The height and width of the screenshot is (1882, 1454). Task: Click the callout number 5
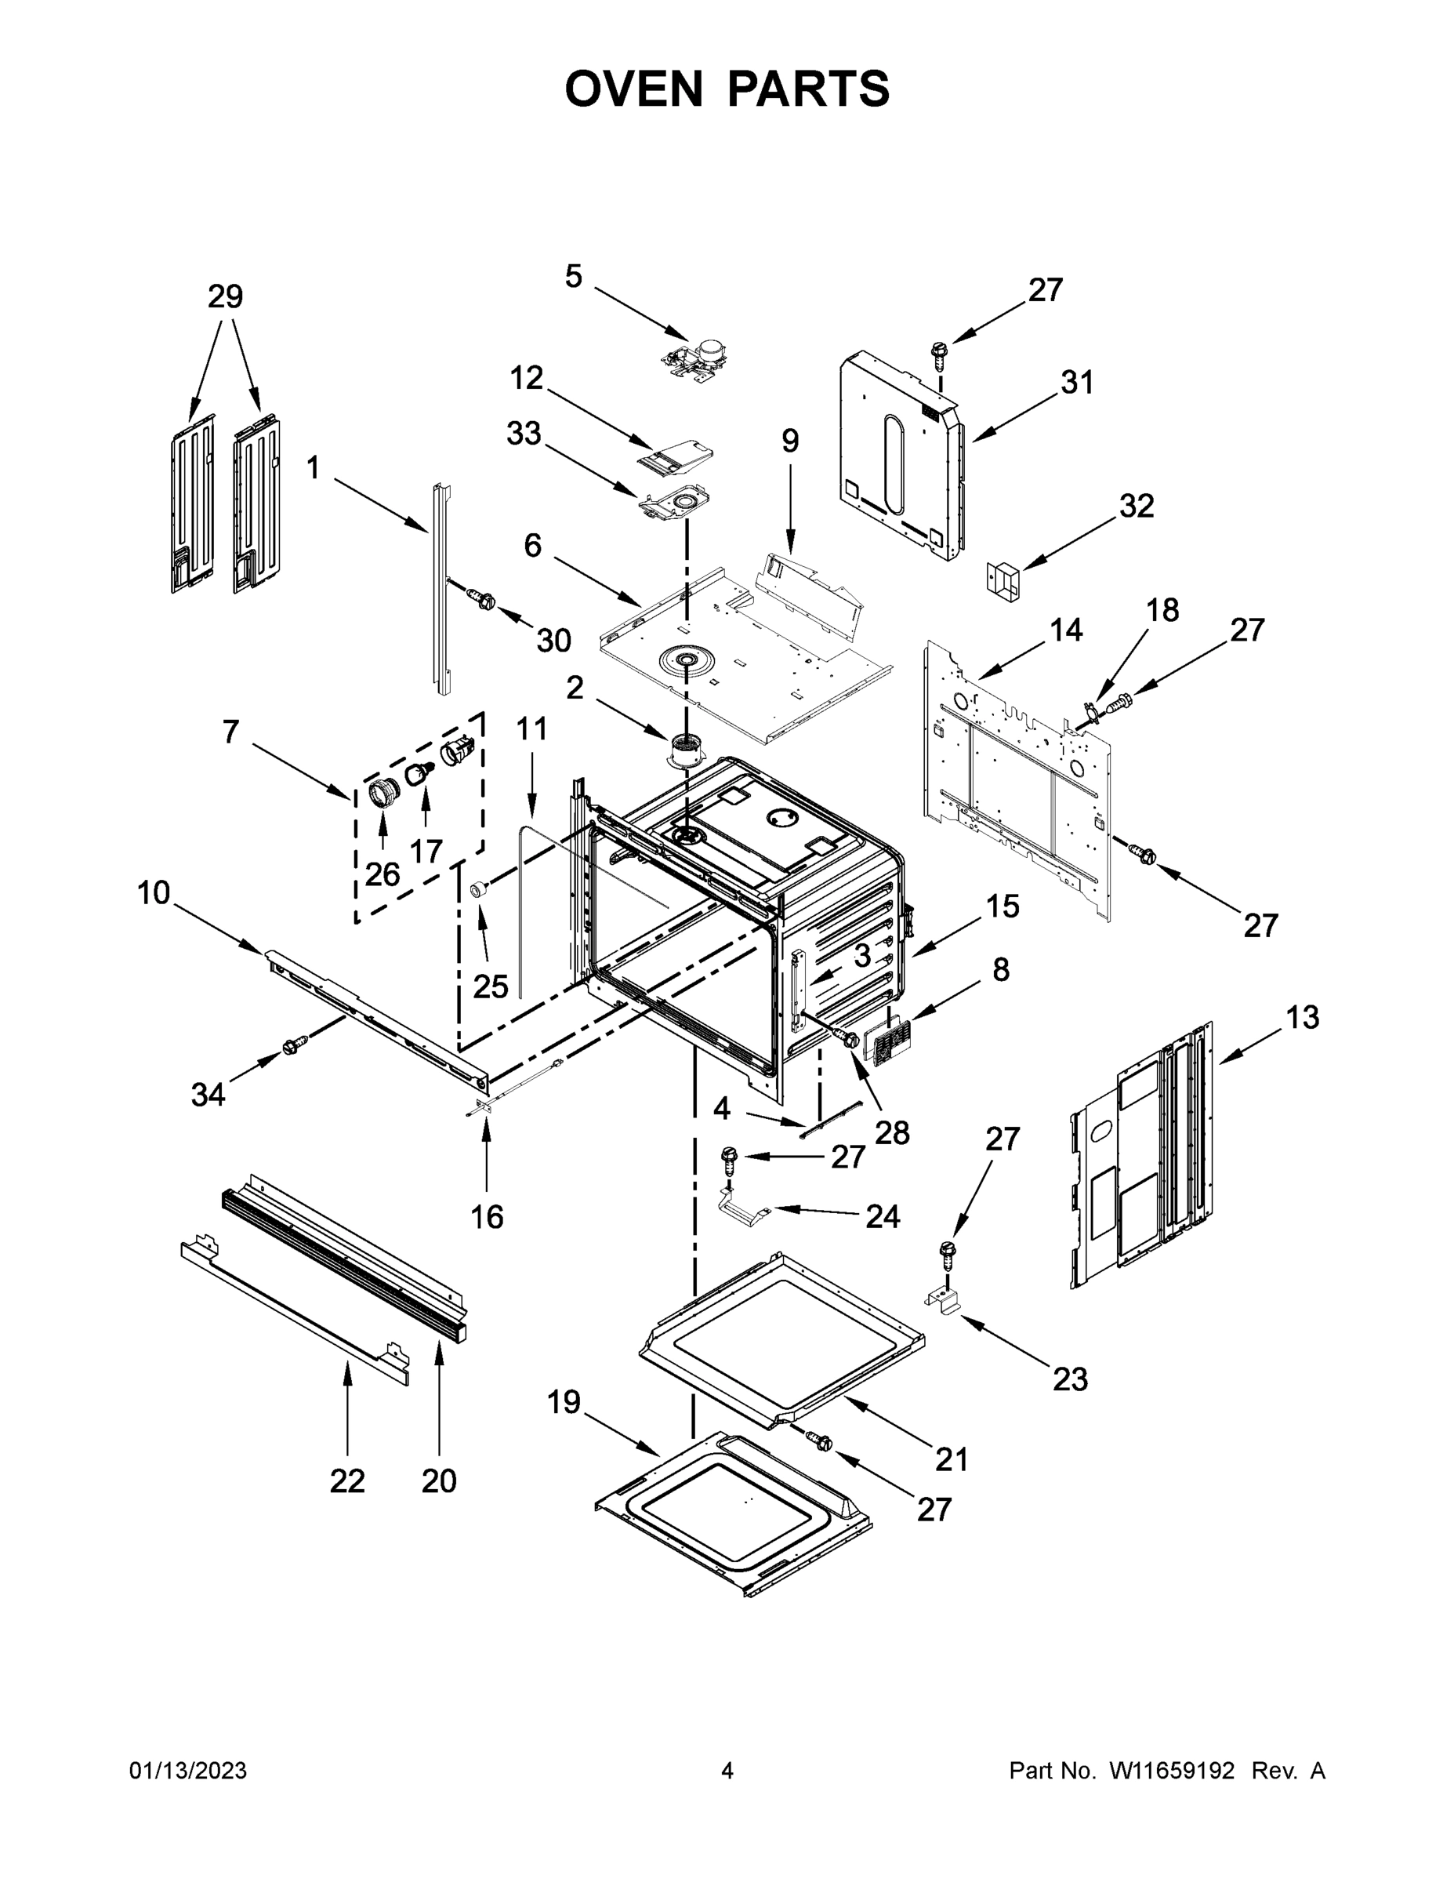point(574,277)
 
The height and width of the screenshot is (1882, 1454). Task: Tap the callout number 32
point(1136,506)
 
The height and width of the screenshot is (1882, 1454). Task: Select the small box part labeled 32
point(1003,576)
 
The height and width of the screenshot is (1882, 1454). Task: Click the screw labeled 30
point(480,599)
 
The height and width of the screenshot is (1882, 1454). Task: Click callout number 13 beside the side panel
point(1303,1018)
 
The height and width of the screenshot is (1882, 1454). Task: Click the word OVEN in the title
point(634,89)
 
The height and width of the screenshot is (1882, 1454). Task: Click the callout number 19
point(564,1402)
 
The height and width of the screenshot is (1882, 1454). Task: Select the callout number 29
point(226,297)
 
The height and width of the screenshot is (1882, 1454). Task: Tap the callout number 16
point(487,1217)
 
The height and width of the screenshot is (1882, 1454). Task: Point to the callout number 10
point(154,894)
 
